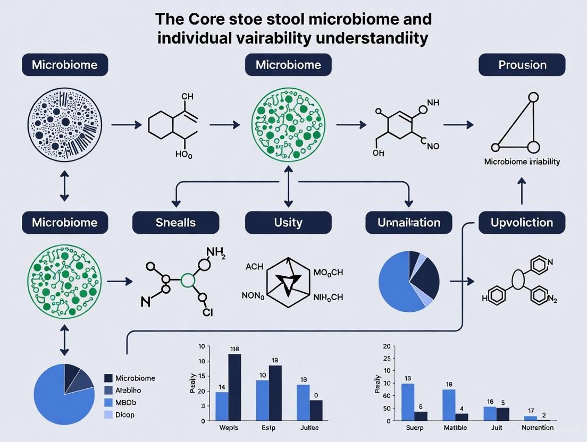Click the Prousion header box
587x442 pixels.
tap(522, 65)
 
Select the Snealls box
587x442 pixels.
tap(175, 222)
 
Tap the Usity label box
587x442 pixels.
tap(288, 222)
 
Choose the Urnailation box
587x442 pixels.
tap(408, 222)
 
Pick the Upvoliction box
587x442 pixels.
tap(523, 222)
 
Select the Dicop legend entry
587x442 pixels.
tap(124, 414)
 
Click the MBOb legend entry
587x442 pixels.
tap(125, 402)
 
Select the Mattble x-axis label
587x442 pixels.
tap(456, 428)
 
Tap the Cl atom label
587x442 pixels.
tap(207, 312)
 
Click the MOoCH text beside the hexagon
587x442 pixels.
tap(329, 273)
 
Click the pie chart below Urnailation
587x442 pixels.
tap(408, 282)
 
